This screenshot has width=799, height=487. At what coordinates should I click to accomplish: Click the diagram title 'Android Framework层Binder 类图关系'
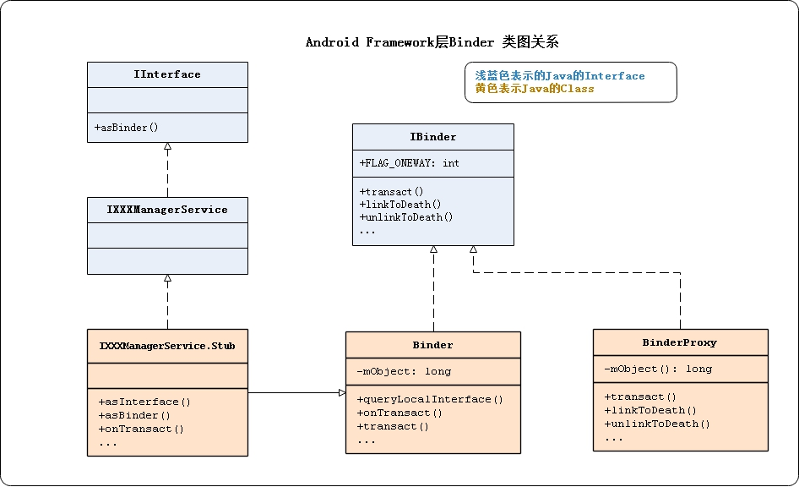click(432, 42)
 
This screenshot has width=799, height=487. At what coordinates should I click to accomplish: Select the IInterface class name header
click(167, 74)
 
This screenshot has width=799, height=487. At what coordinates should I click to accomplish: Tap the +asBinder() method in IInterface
click(128, 128)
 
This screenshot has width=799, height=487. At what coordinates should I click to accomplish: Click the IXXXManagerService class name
click(167, 210)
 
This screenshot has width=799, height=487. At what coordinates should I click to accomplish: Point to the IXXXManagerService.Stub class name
click(167, 346)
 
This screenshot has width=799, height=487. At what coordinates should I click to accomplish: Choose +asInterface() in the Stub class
click(144, 402)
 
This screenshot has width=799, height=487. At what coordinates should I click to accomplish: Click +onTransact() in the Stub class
click(141, 429)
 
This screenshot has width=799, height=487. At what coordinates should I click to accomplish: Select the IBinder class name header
click(432, 137)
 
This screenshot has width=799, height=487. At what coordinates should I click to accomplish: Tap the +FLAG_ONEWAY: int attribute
click(410, 163)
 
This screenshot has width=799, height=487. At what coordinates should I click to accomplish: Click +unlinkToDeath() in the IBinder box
click(406, 216)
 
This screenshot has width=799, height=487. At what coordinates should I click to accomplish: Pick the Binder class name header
click(432, 345)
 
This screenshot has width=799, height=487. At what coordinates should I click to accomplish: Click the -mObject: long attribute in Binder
click(404, 371)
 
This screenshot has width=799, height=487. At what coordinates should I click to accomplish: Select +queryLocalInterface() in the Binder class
click(430, 399)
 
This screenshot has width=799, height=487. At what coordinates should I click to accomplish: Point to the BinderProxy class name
click(680, 342)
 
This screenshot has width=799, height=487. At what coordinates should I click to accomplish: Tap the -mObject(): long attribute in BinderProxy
click(658, 369)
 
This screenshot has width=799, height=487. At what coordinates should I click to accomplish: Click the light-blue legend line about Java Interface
click(559, 76)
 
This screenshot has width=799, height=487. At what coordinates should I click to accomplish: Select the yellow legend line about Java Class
click(534, 89)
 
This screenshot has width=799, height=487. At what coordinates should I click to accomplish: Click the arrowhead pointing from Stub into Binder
click(342, 392)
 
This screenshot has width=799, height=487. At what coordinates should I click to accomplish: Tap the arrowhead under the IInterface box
click(167, 146)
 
